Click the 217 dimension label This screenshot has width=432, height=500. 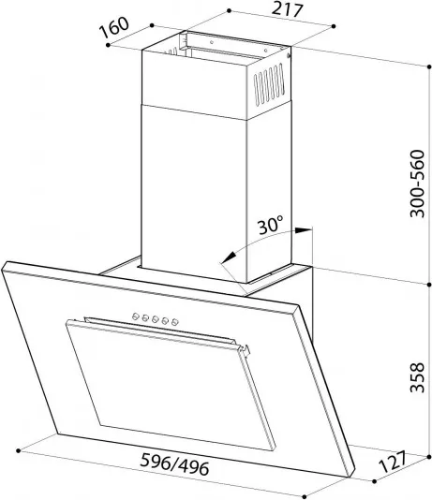pos(287,9)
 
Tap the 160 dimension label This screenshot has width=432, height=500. pos(114,27)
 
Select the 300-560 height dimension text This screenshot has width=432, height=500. pos(418,184)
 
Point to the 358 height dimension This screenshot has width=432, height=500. pos(418,377)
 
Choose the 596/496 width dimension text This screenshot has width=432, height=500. pos(175,464)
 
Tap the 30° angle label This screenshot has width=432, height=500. pos(270,226)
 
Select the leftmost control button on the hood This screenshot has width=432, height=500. pos(136,316)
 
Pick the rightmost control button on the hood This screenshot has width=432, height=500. pos(175,322)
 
